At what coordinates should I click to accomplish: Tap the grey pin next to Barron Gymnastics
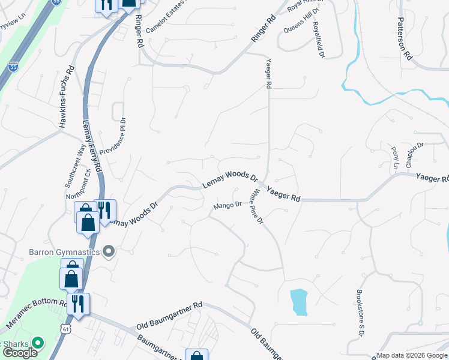109,251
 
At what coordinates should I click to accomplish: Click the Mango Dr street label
226,205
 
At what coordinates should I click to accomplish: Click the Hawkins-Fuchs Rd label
66,96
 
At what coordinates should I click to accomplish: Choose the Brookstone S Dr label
361,312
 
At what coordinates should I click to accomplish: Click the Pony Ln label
395,157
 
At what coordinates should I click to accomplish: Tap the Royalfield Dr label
319,40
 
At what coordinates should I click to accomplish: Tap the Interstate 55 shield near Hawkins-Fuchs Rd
13,66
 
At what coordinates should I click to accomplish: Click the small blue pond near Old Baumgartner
298,302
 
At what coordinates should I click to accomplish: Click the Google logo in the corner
19,353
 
